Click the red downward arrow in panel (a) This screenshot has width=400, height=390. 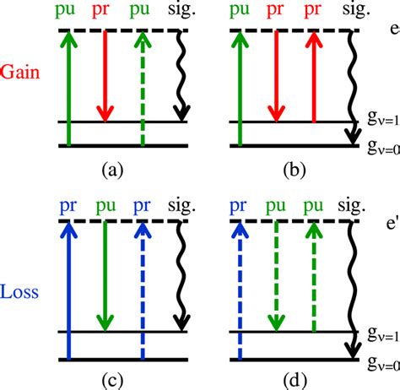105,76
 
